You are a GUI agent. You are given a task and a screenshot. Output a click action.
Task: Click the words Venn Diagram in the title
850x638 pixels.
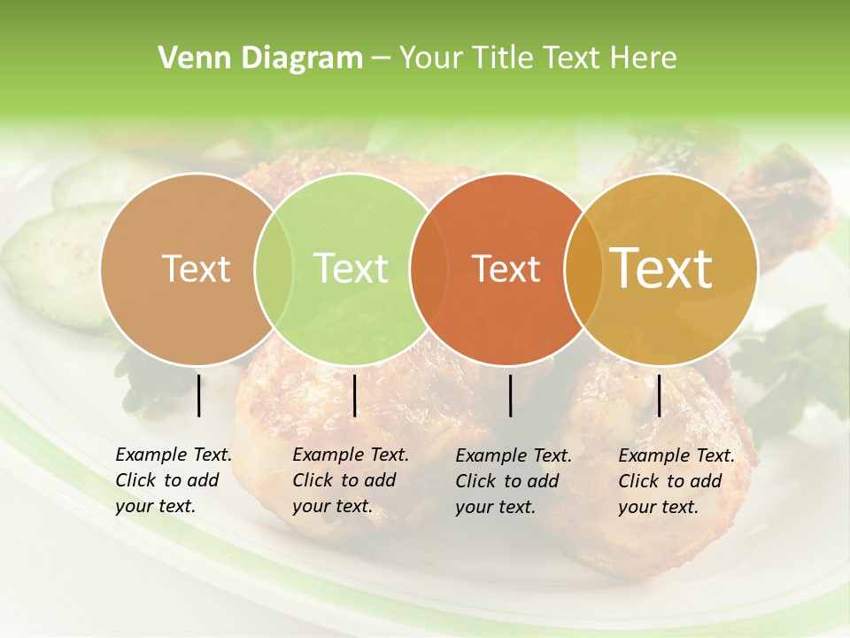click(x=259, y=58)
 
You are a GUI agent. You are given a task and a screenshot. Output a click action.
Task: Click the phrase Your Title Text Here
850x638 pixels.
click(x=537, y=58)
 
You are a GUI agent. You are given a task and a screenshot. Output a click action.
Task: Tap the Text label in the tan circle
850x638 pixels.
click(x=196, y=268)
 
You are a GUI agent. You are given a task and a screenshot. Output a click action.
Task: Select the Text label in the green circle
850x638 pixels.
click(x=351, y=268)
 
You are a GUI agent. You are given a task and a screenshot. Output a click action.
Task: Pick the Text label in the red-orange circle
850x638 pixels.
click(x=506, y=268)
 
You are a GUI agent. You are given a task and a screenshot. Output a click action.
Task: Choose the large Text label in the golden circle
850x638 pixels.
click(x=661, y=268)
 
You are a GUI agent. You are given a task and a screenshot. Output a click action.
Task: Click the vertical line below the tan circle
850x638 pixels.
click(x=198, y=395)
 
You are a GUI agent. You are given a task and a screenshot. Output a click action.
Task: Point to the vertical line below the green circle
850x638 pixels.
click(x=354, y=395)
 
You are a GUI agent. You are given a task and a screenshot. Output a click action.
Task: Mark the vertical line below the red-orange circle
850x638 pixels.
click(x=511, y=395)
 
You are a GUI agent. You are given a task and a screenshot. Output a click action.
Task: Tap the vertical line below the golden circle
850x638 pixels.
click(x=659, y=395)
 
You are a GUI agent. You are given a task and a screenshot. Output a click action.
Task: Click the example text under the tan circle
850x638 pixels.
click(x=174, y=480)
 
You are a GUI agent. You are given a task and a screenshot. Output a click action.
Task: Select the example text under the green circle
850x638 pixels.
click(x=351, y=480)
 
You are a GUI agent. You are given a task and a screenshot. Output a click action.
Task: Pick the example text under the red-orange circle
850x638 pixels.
click(x=514, y=480)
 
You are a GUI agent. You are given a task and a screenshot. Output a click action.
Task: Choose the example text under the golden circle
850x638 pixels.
click(x=676, y=480)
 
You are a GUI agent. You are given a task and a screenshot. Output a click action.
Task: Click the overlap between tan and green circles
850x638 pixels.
click(x=274, y=269)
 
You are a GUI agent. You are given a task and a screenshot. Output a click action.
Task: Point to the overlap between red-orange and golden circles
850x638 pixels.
click(x=580, y=269)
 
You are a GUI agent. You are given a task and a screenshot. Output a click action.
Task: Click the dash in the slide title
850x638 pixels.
click(x=381, y=59)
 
